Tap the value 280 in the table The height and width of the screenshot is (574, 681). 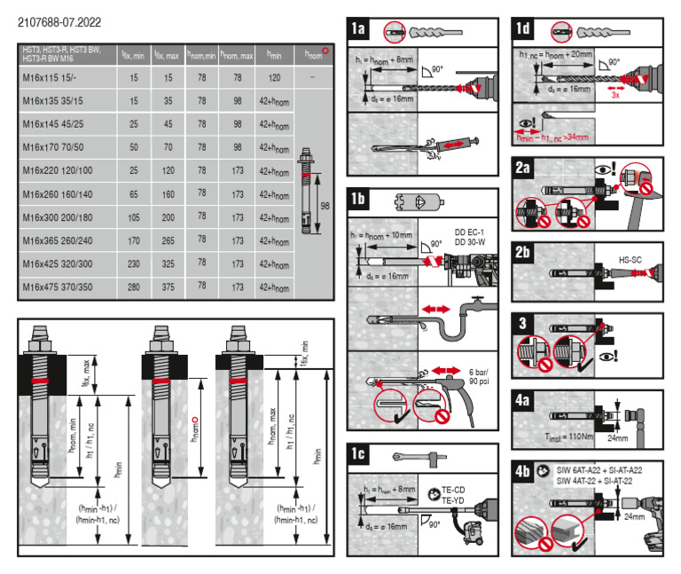pyautogui.click(x=133, y=287)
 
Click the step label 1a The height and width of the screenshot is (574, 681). pyautogui.click(x=358, y=29)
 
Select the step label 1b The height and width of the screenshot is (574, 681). pyautogui.click(x=358, y=198)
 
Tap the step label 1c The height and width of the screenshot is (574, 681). pyautogui.click(x=358, y=454)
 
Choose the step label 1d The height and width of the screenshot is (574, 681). pyautogui.click(x=523, y=29)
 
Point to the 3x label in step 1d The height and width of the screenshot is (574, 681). pyautogui.click(x=614, y=95)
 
